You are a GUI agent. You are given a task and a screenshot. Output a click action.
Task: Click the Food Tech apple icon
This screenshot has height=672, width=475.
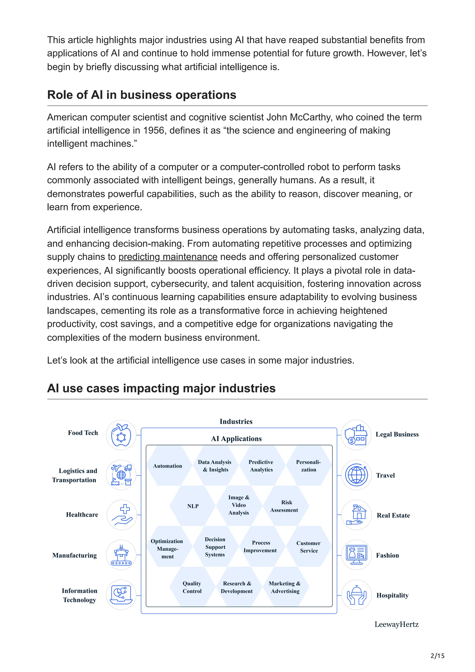point(121,435)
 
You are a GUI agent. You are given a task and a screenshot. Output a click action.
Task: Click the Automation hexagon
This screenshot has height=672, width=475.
point(167,466)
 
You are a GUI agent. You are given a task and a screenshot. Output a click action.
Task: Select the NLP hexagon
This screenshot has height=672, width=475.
point(193,506)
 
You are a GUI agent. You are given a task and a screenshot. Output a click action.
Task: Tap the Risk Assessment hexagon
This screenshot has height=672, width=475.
point(284,506)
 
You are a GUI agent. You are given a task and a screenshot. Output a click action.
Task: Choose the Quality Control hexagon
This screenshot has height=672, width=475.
point(192,587)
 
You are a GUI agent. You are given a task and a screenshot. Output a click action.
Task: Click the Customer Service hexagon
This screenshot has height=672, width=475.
point(308,547)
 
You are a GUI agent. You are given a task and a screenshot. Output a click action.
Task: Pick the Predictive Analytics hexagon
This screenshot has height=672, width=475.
point(261,466)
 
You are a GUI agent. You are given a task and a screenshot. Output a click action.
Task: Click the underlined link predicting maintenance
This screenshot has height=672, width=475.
point(168,257)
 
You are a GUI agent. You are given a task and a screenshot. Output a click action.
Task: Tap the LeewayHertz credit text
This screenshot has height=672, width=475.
point(396,624)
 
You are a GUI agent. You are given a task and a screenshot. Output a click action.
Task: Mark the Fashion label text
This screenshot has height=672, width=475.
point(387,555)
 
